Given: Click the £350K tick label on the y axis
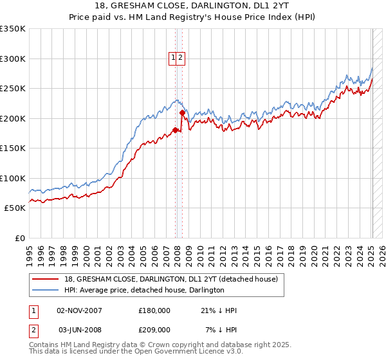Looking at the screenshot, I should [x=13, y=29].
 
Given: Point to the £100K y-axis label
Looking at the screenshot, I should [x=13, y=178].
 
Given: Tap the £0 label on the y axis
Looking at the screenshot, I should [x=19, y=238].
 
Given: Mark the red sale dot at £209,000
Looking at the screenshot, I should [x=182, y=113].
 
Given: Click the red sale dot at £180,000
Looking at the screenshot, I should [x=176, y=130].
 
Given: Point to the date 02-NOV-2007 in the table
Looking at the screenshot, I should [x=80, y=310].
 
